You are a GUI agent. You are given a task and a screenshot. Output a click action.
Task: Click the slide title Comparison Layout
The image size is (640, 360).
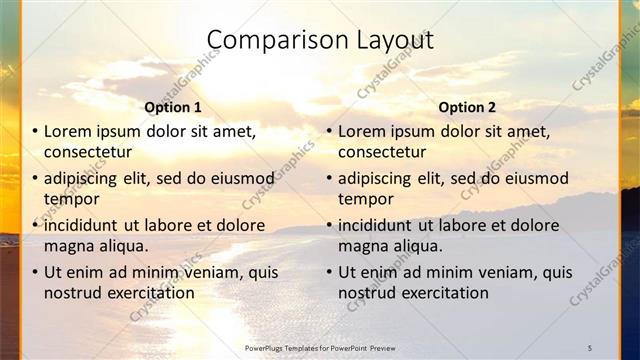point(319,41)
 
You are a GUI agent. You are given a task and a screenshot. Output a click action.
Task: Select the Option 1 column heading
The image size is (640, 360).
point(173,107)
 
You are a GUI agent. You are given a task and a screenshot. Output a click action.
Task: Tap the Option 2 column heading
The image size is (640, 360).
point(467,107)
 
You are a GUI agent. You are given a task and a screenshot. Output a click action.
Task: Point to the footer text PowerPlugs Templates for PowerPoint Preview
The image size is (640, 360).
point(319,347)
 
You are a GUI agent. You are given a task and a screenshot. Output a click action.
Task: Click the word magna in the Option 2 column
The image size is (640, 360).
point(361,246)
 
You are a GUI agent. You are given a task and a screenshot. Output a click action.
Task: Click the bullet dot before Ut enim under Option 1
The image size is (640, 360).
point(36,272)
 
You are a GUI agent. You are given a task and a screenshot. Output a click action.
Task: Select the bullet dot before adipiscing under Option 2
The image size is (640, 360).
point(330,178)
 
